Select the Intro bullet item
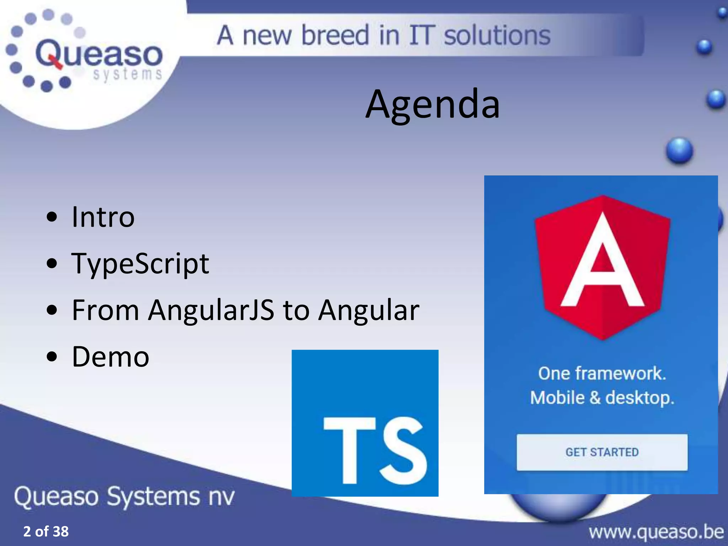point(103,217)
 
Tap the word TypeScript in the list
point(140,264)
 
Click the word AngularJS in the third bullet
point(211,310)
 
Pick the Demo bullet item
point(110,357)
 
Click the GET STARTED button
point(602,452)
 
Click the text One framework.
point(602,373)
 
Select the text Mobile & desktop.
point(602,397)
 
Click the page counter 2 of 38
point(46,531)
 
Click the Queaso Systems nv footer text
point(124,496)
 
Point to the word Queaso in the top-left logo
point(99,54)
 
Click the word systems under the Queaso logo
point(127,74)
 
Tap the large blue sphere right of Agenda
point(679,151)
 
